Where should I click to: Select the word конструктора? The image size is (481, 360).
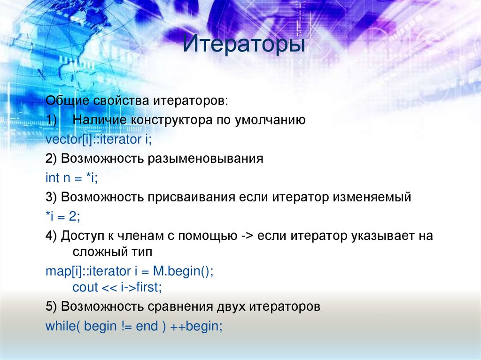(171, 120)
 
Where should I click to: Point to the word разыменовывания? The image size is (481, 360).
(206, 159)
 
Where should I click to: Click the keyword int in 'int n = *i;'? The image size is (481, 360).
(52, 178)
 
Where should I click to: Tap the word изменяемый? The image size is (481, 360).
(372, 197)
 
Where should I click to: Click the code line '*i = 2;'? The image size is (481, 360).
(63, 216)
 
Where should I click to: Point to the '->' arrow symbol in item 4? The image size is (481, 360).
(247, 236)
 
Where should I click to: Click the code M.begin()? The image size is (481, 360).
(183, 271)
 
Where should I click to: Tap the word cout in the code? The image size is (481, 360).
(85, 287)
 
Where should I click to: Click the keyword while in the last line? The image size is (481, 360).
(57, 326)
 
